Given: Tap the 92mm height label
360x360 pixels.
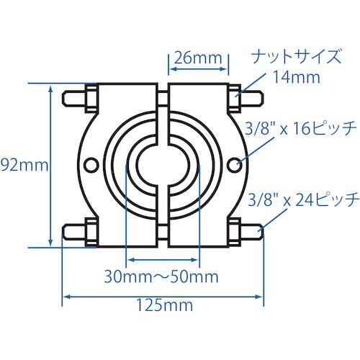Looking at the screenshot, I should click(22, 165).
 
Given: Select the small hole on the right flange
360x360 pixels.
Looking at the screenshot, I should click(235, 166).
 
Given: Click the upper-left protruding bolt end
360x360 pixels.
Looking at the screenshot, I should click(71, 96).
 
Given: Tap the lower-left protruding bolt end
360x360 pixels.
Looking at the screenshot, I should click(71, 233).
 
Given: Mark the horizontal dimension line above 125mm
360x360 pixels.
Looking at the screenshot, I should click(163, 294).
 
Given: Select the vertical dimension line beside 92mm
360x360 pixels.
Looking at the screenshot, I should click(51, 165).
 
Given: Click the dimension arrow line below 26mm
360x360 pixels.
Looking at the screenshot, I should click(199, 73).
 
